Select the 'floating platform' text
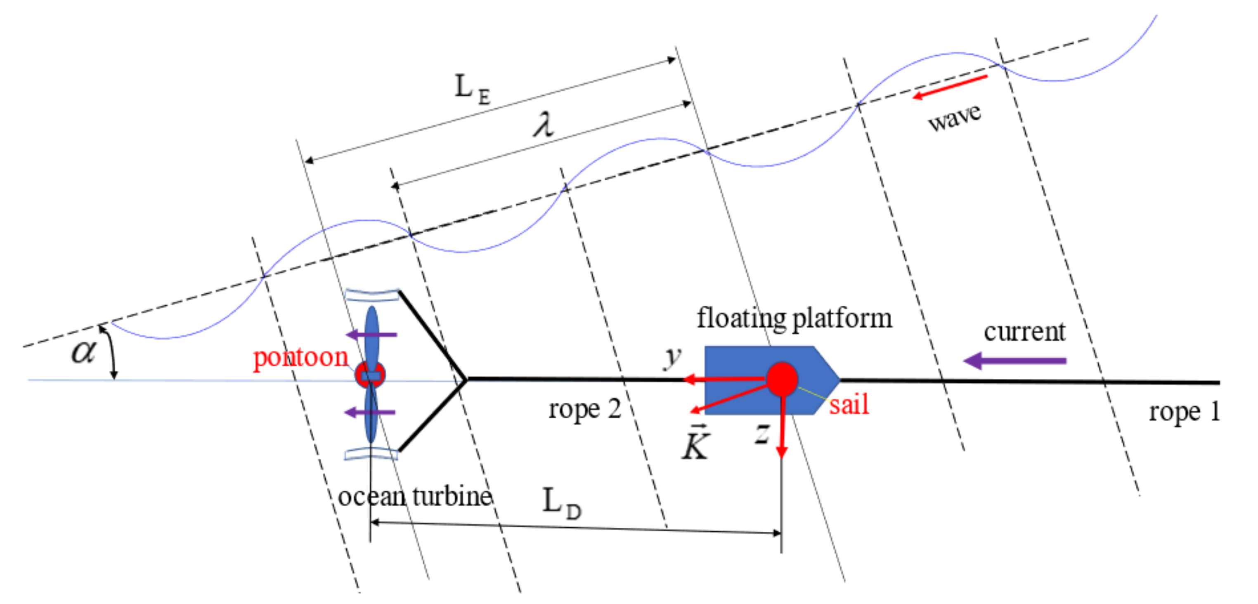[x=794, y=319]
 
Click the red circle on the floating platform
[x=782, y=379]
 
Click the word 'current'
[x=1024, y=332]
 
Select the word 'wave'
[x=954, y=117]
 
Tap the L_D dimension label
[x=562, y=503]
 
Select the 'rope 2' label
[x=584, y=409]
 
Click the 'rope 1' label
[x=1184, y=412]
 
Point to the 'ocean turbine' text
[x=415, y=497]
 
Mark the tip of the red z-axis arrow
[x=782, y=457]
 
